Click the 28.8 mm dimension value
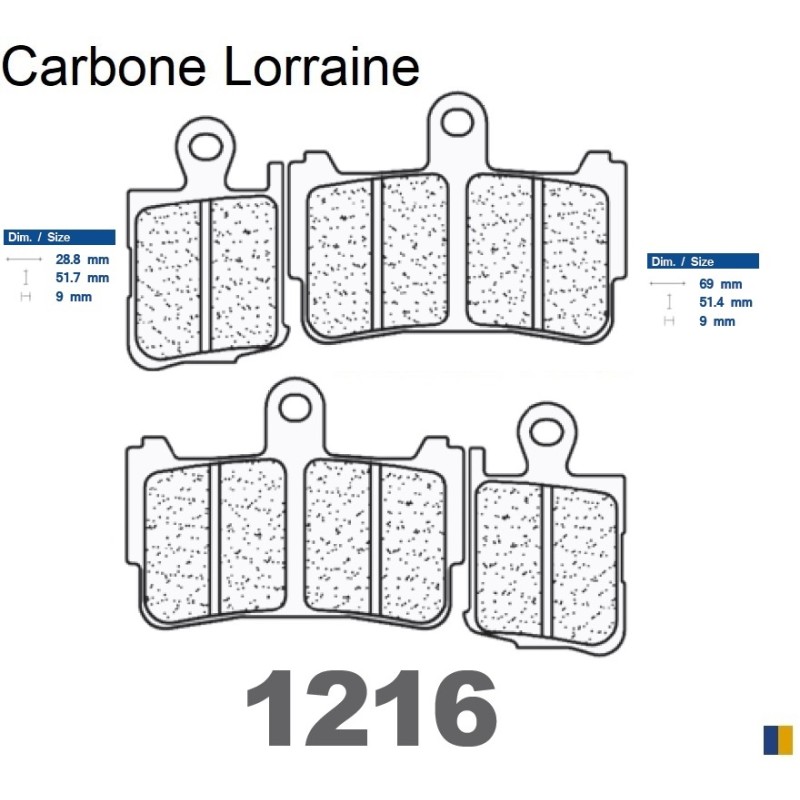coord(83,259)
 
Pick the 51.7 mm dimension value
coord(83,278)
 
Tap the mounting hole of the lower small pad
coord(546,431)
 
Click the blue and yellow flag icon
coord(777,739)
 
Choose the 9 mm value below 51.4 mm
coord(718,321)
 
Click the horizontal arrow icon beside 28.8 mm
coord(20,259)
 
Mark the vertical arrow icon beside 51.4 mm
coord(668,302)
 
